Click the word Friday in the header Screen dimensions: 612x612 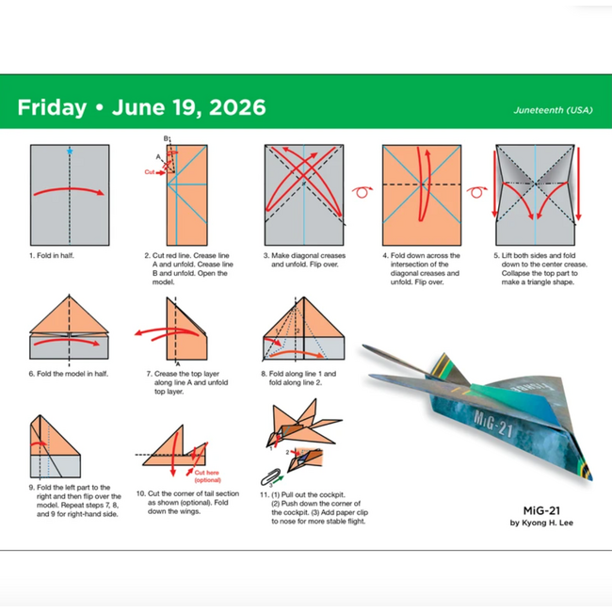(51, 107)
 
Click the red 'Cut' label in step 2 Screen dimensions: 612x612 (150, 172)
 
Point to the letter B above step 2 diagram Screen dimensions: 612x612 (166, 139)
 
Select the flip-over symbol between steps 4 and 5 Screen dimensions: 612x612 (478, 192)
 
